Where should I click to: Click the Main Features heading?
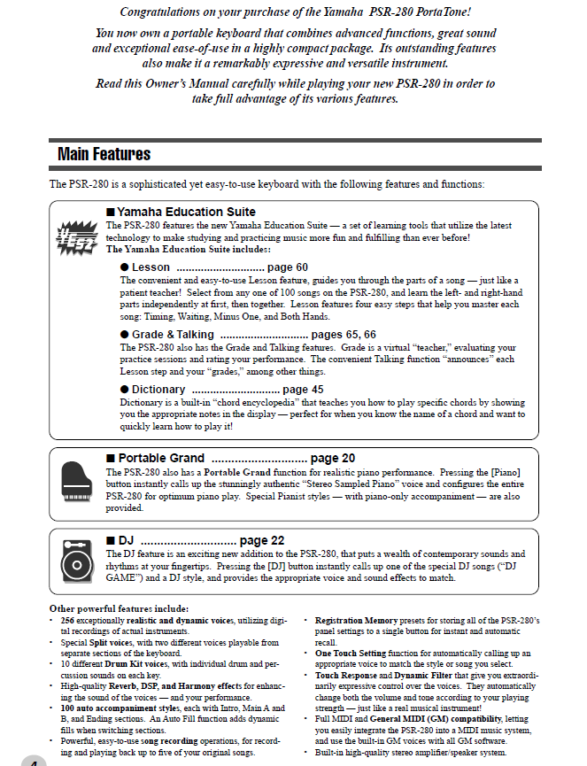pos(104,154)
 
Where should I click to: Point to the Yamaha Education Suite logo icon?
pos(76,238)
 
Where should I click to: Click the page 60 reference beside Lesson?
pos(287,267)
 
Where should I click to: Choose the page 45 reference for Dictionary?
pos(303,389)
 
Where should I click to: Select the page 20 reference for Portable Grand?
pos(333,458)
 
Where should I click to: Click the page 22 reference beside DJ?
pos(262,540)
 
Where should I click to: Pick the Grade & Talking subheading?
pos(173,335)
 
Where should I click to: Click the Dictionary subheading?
pos(158,389)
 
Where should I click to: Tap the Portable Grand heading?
pos(161,458)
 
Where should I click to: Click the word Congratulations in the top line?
pos(167,12)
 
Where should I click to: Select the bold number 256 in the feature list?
pos(67,620)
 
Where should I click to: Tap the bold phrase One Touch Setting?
pos(348,652)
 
